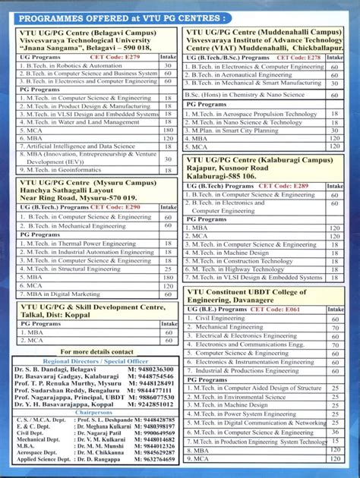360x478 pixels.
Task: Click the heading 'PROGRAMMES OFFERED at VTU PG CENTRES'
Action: click(122, 17)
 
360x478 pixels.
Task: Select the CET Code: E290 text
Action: click(115, 206)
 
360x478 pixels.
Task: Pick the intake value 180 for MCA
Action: click(169, 130)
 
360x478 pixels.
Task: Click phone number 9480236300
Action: click(156, 368)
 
